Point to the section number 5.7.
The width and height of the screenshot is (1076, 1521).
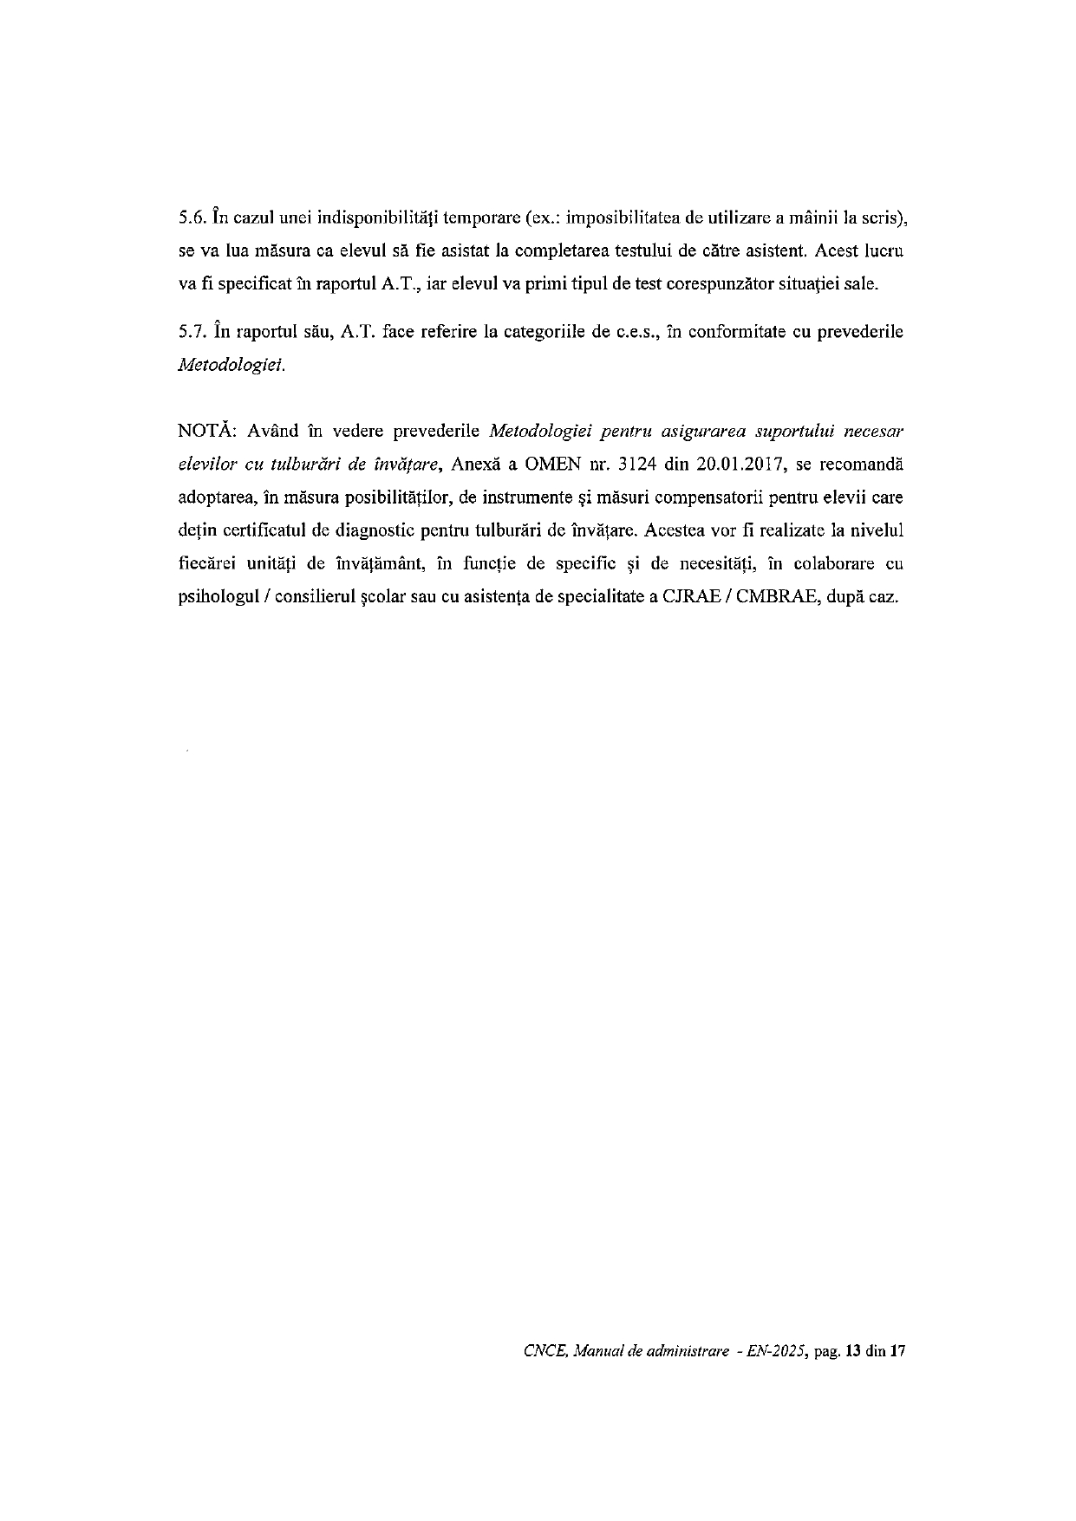[191, 333]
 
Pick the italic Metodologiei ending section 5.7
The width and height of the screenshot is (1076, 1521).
[231, 366]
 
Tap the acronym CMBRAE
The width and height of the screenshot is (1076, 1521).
[773, 598]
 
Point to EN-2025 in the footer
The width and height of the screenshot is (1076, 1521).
[772, 1351]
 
